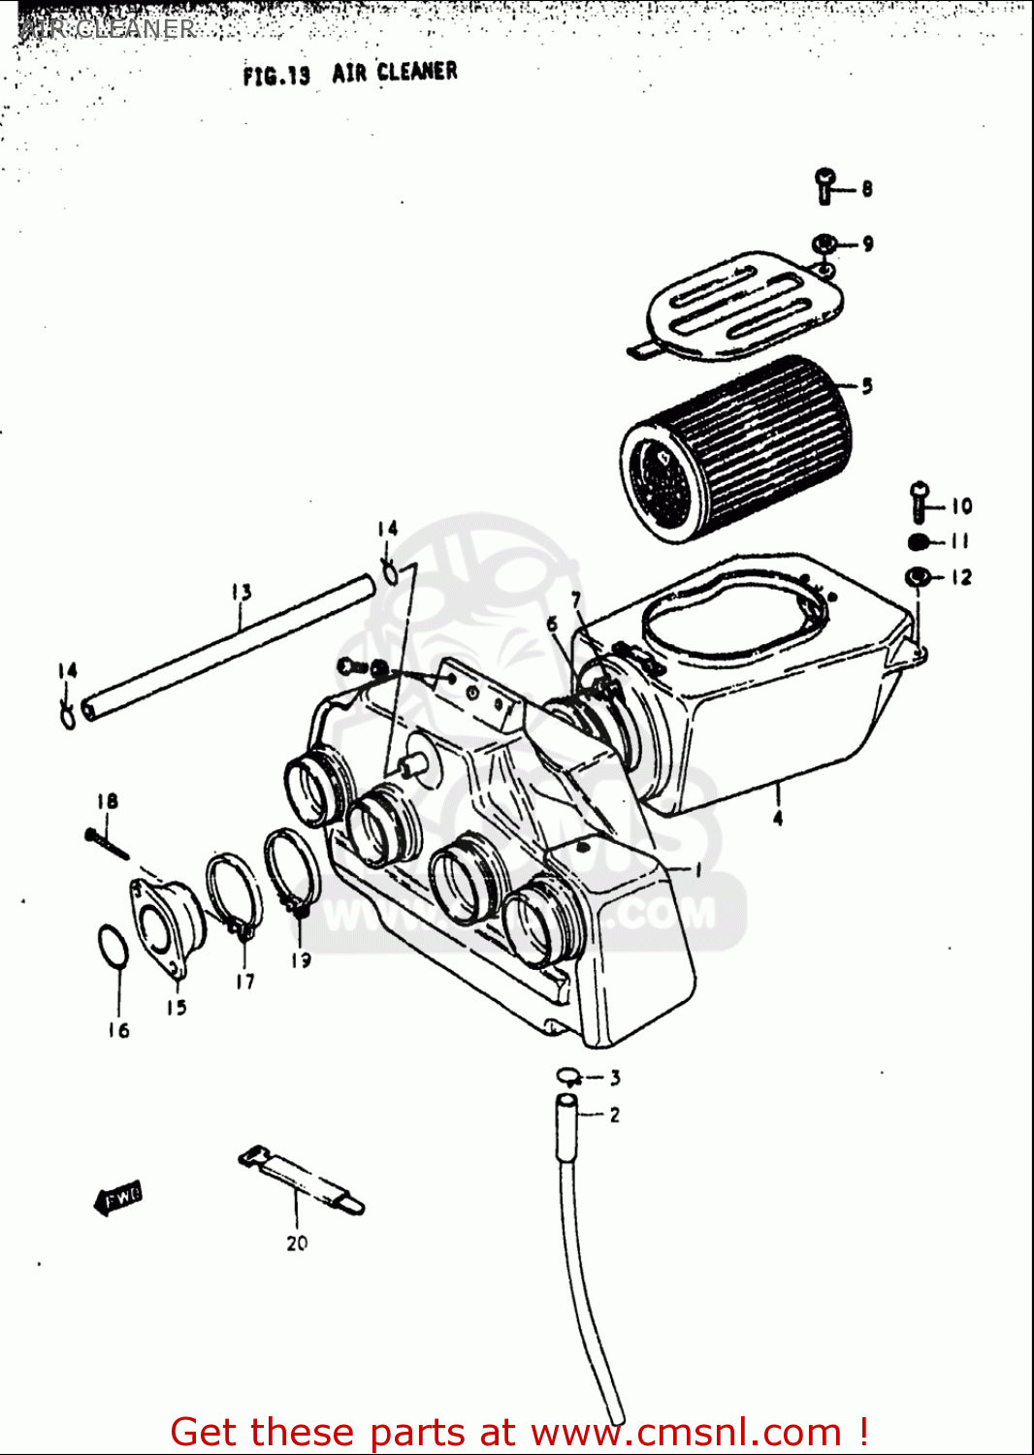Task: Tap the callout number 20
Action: [297, 1243]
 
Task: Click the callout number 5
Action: [866, 386]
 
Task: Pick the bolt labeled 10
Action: [920, 501]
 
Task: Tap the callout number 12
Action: [960, 577]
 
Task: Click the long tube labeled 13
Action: [228, 645]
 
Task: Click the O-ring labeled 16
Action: [113, 946]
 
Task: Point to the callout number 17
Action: [245, 982]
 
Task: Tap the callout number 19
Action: [301, 959]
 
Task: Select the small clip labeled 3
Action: [568, 1075]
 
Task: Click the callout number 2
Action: [614, 1115]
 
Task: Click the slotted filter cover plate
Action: [742, 306]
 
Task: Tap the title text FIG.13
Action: [276, 75]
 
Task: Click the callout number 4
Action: [777, 819]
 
